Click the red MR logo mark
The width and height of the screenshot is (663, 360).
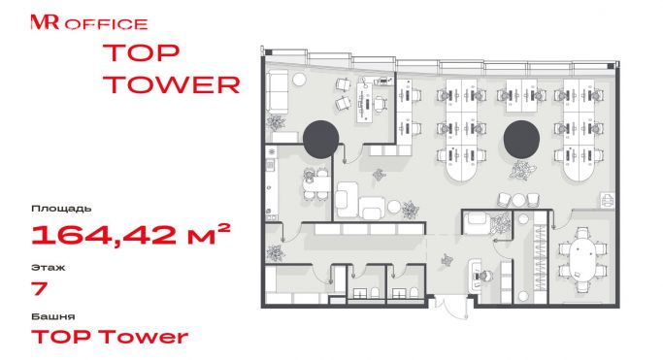[45, 22]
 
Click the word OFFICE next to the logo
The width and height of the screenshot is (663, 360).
[106, 24]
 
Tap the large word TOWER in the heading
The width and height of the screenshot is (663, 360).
[172, 84]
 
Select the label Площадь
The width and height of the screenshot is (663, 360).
[61, 209]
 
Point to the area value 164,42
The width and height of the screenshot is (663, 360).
[104, 235]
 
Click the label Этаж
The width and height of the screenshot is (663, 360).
[49, 268]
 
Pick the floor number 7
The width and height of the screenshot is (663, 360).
[40, 288]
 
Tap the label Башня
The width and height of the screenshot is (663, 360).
[52, 316]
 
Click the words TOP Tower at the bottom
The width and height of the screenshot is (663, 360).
[110, 337]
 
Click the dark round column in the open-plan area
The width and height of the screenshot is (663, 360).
[521, 139]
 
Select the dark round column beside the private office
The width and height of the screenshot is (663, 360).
[321, 139]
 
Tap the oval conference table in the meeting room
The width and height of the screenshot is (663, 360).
[581, 258]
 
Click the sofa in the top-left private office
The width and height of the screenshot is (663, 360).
[277, 92]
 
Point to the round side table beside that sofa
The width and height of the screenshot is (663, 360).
[300, 79]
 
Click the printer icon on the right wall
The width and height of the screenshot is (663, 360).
[608, 200]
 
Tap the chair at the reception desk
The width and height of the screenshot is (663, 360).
[483, 276]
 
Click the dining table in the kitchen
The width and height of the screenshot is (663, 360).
[316, 183]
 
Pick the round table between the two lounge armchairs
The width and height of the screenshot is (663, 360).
[518, 200]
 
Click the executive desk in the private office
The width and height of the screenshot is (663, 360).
[364, 102]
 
